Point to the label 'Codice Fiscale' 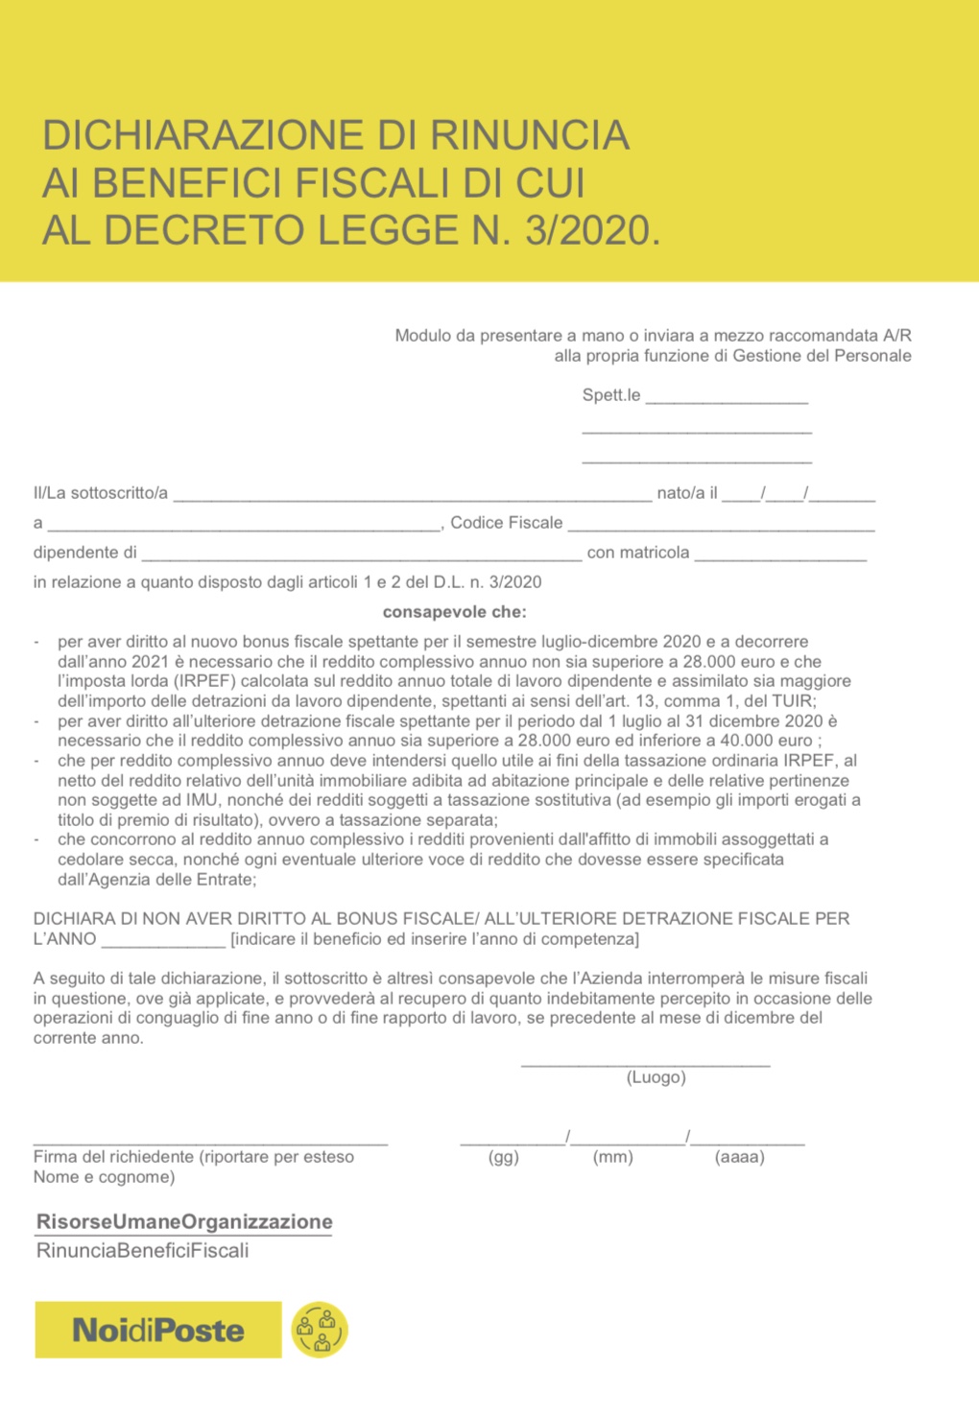(x=506, y=523)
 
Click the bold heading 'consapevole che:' (x=454, y=612)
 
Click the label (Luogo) (x=656, y=1077)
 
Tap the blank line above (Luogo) (x=645, y=1062)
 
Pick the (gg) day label (x=504, y=1157)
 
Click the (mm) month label (x=613, y=1157)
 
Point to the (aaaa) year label (x=740, y=1157)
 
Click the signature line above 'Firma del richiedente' (x=210, y=1141)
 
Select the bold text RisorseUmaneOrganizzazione (x=184, y=1221)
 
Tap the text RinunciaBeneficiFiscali (x=142, y=1250)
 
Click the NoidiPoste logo (x=158, y=1330)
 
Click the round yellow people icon (x=320, y=1330)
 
